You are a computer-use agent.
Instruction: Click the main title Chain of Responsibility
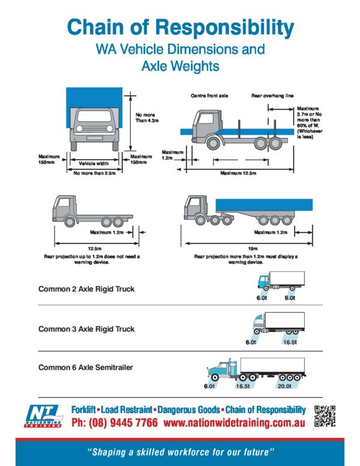[180, 27]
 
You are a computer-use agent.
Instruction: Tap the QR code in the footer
[325, 416]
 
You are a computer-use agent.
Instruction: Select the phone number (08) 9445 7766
[114, 423]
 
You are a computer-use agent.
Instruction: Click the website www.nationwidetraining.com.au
[234, 423]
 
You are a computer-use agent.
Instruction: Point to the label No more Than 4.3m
[146, 117]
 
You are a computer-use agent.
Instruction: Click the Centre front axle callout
[209, 95]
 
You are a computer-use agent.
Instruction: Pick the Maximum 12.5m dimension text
[238, 173]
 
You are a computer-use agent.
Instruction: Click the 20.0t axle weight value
[284, 387]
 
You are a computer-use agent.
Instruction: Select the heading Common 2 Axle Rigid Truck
[86, 289]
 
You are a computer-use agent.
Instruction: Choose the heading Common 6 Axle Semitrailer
[86, 367]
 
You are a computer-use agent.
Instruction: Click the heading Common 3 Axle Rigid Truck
[86, 329]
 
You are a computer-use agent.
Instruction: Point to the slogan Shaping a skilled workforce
[180, 450]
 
